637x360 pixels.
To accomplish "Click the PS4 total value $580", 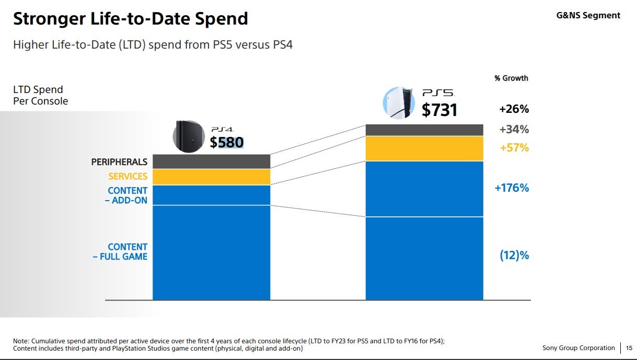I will pos(227,142).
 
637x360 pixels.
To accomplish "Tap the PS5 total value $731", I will pos(439,110).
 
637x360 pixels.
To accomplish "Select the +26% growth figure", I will pos(514,109).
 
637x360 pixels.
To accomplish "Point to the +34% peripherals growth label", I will pos(514,129).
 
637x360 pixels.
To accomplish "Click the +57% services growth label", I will pos(514,148).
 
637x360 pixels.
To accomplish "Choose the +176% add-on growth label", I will pos(512,188).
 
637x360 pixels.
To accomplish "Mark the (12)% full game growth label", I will pos(514,256).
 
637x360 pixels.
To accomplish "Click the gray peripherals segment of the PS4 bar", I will pos(211,161).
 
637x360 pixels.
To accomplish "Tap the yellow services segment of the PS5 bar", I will pos(424,148).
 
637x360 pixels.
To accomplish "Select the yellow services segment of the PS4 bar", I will pos(211,177).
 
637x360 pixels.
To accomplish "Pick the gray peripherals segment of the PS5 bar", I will pos(424,130).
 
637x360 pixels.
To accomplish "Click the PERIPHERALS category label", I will pos(119,162).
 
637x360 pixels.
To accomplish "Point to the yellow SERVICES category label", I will pos(128,177).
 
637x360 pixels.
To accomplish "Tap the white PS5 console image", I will pos(399,103).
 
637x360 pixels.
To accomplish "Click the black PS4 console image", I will pos(189,136).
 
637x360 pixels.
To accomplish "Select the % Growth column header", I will pos(511,78).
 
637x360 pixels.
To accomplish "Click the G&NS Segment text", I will pos(588,16).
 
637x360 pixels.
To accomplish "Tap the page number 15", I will pos(629,348).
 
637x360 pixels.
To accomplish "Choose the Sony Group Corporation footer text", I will pos(578,348).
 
